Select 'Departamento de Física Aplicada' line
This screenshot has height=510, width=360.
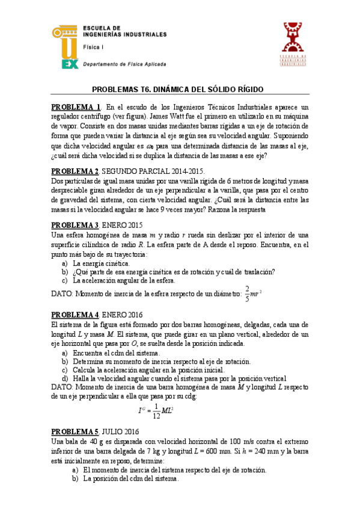[x=124, y=64]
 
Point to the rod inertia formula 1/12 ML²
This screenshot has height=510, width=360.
[x=156, y=411]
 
